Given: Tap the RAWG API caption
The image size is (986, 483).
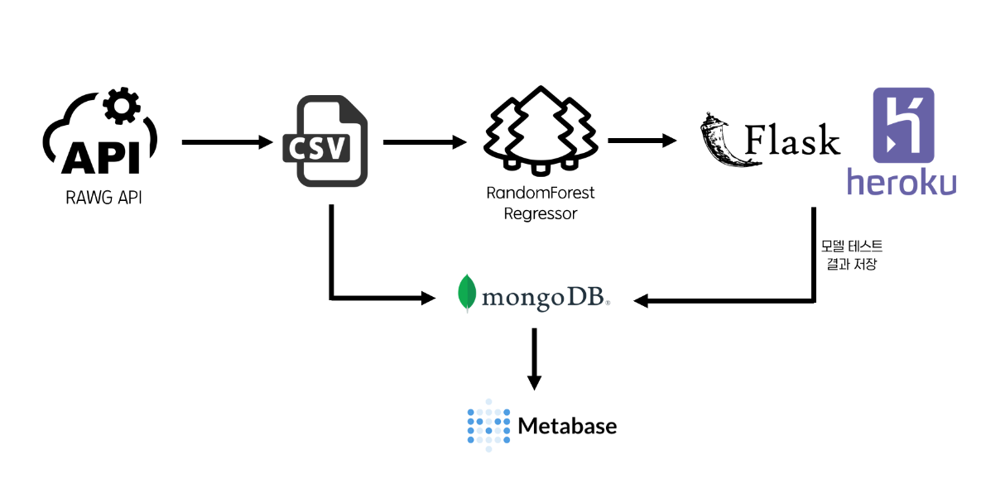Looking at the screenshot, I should point(103,198).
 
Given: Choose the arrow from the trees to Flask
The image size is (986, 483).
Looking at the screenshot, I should point(641,141).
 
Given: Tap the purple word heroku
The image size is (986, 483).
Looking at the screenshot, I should point(902,182).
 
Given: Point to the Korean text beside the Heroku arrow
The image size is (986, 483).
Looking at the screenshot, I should point(851,254).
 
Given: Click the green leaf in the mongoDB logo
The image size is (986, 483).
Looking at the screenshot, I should point(469,293).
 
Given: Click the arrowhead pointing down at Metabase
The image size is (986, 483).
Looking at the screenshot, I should point(535,381).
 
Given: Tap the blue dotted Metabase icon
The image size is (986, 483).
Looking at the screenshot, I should point(487,426).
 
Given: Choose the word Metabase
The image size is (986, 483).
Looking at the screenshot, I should point(567,427).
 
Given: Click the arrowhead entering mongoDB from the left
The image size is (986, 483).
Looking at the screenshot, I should point(434,296).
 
